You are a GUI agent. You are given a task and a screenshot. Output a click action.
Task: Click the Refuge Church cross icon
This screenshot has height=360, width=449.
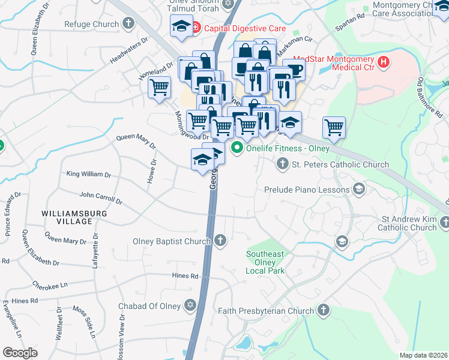pos(127,25)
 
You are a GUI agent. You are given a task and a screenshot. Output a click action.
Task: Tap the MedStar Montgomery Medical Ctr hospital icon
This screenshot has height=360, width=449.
pos(382,61)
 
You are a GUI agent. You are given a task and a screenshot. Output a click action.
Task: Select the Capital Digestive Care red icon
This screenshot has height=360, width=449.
pos(196,28)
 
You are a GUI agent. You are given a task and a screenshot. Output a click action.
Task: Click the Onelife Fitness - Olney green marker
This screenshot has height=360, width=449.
pos(237,148)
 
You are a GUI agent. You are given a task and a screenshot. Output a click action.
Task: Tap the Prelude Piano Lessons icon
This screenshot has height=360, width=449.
pos(359,190)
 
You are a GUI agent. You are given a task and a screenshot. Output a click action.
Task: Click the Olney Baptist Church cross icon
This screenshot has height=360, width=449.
pos(220,241)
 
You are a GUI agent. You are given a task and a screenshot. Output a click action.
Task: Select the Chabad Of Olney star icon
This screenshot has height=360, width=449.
pos(190,306)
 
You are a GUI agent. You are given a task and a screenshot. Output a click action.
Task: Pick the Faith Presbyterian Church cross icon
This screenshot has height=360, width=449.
pos(324,310)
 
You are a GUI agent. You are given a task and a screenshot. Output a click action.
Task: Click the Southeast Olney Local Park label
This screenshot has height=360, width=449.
pos(265,262)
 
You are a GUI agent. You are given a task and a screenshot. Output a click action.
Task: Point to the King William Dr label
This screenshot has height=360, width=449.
pos(89,175)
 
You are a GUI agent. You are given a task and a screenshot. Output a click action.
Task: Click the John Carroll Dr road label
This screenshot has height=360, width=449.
pos(100,197)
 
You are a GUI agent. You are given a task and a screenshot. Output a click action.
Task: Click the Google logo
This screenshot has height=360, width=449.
pos(20,352)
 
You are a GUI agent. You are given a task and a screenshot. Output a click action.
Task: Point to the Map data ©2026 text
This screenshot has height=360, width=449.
pos(423,355)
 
